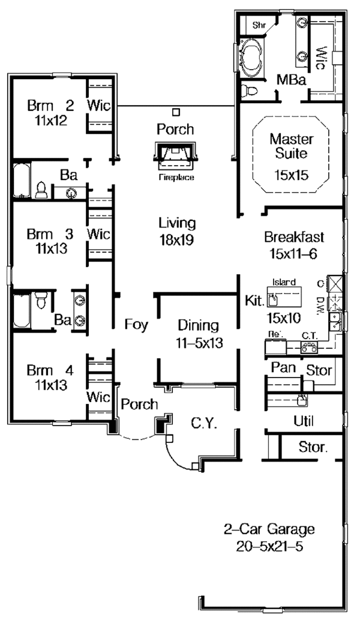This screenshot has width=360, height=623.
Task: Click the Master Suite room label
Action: coord(291,146)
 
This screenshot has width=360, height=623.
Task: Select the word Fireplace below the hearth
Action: coord(175,178)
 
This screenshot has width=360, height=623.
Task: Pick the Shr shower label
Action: coord(259,25)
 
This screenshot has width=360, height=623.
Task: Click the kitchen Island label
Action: coord(283,281)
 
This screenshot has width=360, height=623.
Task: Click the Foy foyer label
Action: coord(136,325)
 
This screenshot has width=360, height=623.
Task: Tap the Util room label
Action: coord(305,421)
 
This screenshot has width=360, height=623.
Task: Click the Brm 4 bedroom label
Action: coord(50,376)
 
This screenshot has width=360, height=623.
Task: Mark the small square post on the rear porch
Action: coord(175,112)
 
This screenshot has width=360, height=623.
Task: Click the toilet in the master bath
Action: coord(248,91)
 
